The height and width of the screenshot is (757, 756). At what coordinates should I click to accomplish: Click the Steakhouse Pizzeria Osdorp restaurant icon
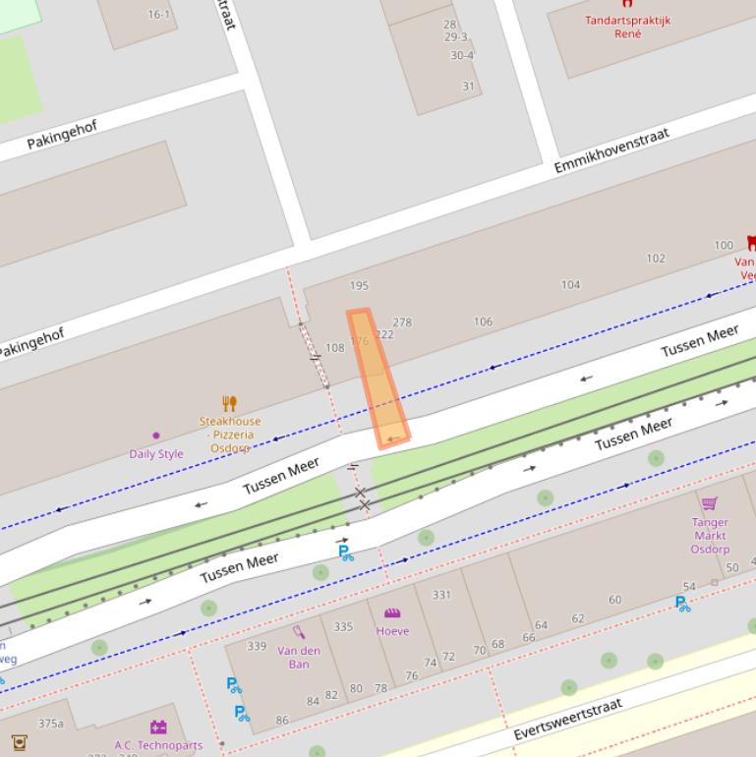click(229, 403)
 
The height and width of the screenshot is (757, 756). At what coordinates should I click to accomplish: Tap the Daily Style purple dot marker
click(155, 436)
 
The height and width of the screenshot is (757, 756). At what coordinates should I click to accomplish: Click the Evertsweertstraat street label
click(568, 721)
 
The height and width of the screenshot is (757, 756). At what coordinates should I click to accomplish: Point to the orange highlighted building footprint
click(378, 379)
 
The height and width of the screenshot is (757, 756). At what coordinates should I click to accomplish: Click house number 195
click(359, 286)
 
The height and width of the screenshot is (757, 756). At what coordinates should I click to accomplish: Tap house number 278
click(402, 322)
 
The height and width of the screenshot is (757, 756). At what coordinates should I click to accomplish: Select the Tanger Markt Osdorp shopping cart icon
click(709, 503)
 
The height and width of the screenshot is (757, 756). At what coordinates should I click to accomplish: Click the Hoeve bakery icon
click(392, 613)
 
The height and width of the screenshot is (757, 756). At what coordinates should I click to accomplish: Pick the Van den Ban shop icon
click(299, 632)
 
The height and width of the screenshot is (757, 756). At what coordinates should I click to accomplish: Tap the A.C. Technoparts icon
click(158, 728)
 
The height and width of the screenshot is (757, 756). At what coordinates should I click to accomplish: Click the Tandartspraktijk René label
click(627, 27)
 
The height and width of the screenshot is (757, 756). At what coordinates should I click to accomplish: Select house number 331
click(441, 595)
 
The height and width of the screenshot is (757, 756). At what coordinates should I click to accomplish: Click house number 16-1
click(158, 15)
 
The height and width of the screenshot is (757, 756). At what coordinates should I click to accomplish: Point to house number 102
click(655, 259)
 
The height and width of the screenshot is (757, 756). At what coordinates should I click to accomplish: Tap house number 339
click(257, 646)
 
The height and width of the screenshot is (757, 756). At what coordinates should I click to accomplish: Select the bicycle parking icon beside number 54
click(682, 604)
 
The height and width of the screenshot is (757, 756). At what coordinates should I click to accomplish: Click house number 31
click(468, 87)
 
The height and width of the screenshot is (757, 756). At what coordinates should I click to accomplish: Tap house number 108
click(335, 348)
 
